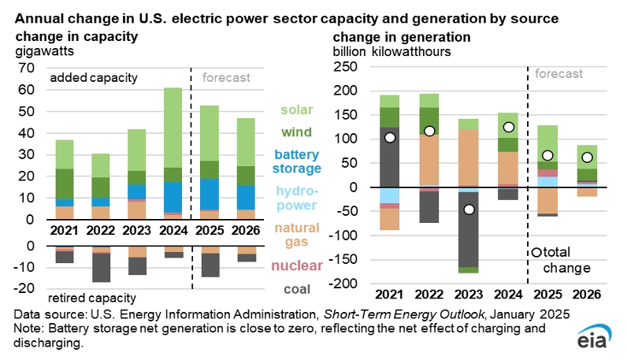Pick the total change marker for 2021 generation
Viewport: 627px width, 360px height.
389,138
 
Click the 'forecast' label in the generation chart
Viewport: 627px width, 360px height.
559,74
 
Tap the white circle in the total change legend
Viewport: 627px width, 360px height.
536,253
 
